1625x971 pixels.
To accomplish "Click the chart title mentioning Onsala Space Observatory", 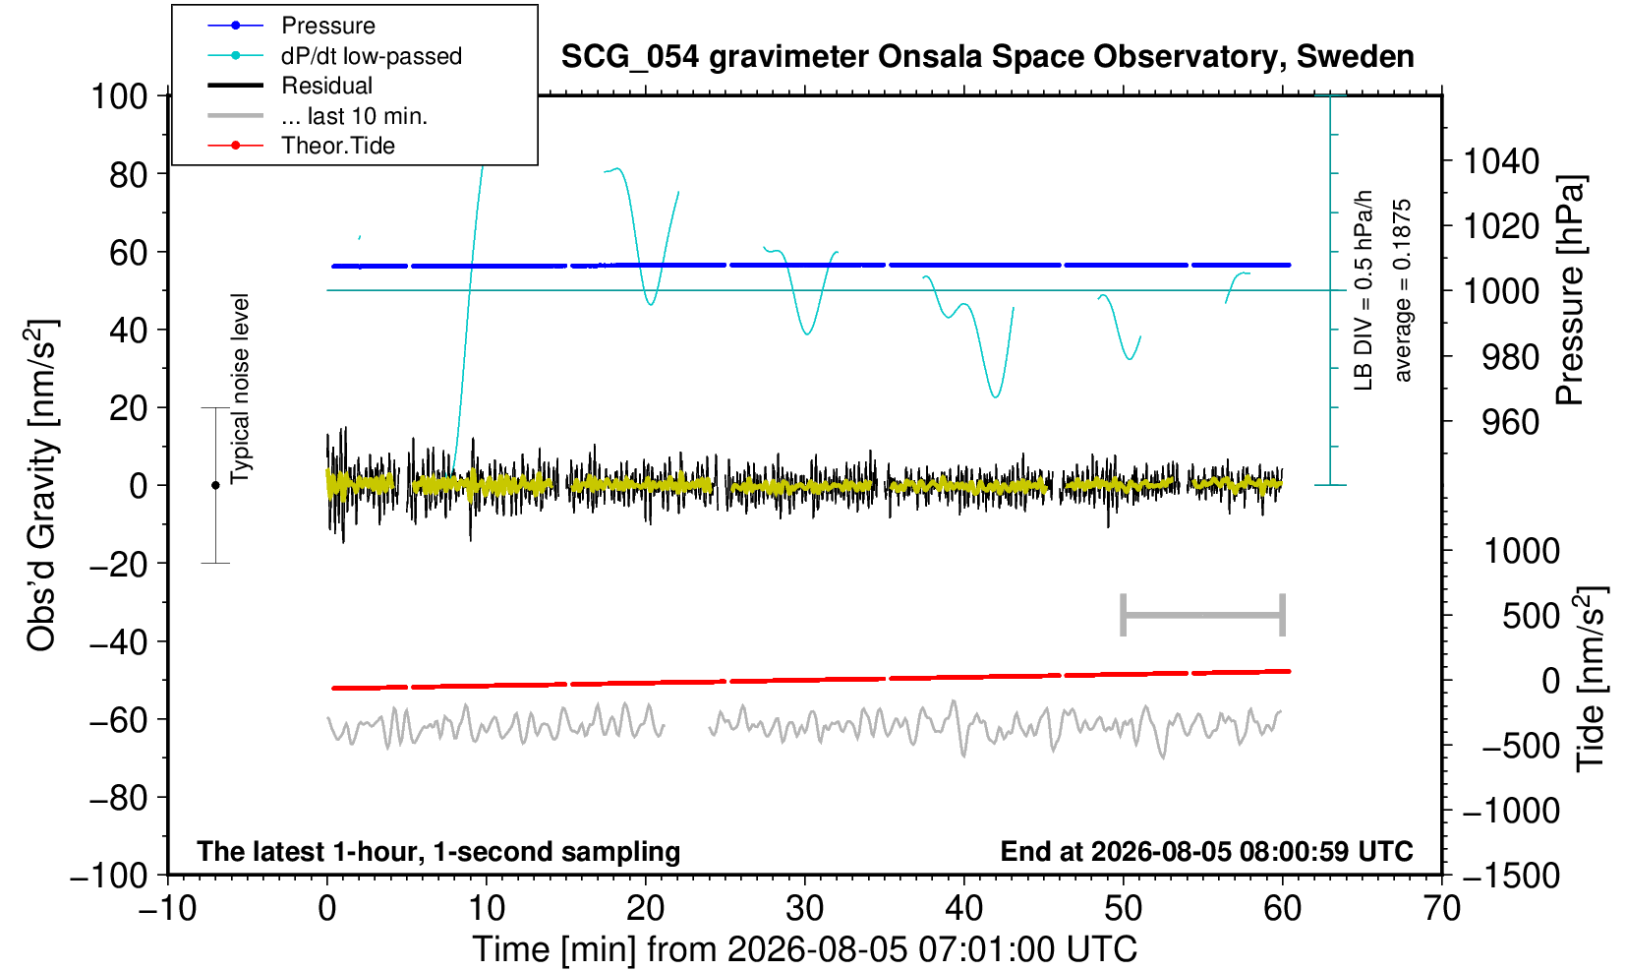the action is (987, 57).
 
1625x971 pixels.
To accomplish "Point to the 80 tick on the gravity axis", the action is (129, 174).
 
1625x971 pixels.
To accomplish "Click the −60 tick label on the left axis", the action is (119, 720).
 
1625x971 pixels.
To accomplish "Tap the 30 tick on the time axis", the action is (804, 908).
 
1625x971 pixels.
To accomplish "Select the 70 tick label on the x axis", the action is (1441, 908).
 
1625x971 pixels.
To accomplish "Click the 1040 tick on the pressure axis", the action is (1501, 161).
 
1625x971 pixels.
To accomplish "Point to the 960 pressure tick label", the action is (1510, 422).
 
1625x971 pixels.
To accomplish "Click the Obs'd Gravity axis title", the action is (41, 485).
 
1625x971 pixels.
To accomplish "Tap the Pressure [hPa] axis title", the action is (1570, 290).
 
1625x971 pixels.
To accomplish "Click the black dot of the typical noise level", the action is (215, 485).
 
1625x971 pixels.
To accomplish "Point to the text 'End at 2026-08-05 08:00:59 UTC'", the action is (1206, 851).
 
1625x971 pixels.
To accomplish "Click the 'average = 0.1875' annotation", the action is (1403, 290).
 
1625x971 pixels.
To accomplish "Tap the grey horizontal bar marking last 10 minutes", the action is (1203, 615).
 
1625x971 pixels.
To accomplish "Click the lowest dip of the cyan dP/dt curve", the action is (995, 396).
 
